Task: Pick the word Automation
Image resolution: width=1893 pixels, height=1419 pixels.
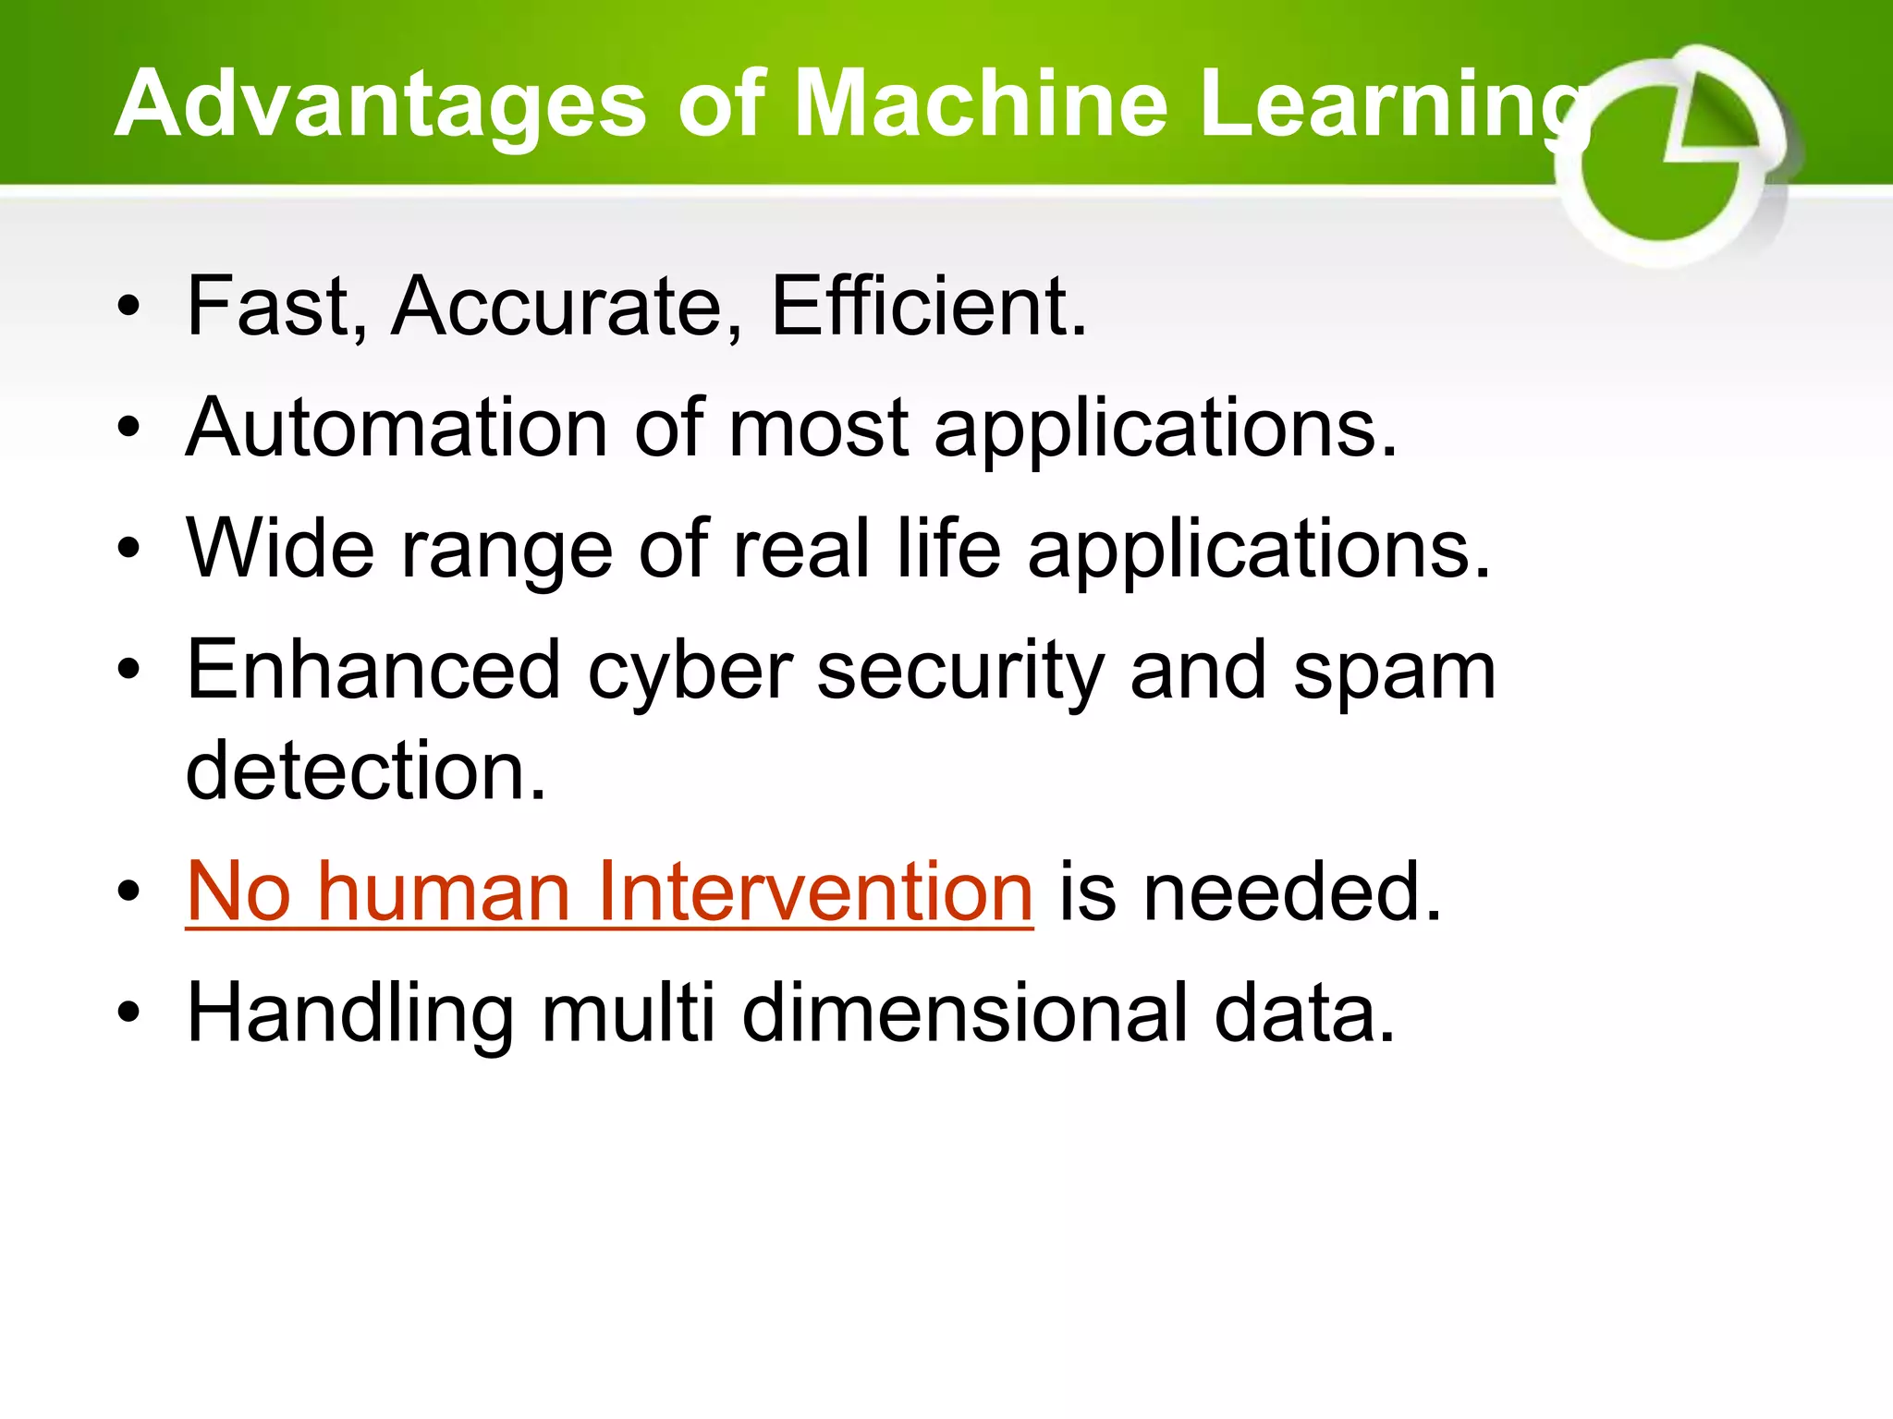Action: tap(397, 428)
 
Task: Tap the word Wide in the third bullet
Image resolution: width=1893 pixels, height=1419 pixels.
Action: tap(280, 549)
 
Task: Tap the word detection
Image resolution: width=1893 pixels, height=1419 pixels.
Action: tap(366, 770)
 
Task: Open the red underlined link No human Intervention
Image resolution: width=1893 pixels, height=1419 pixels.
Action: tap(609, 891)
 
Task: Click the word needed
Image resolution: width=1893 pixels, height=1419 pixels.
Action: tap(1291, 892)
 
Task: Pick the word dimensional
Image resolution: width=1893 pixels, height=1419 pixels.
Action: tap(965, 1013)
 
